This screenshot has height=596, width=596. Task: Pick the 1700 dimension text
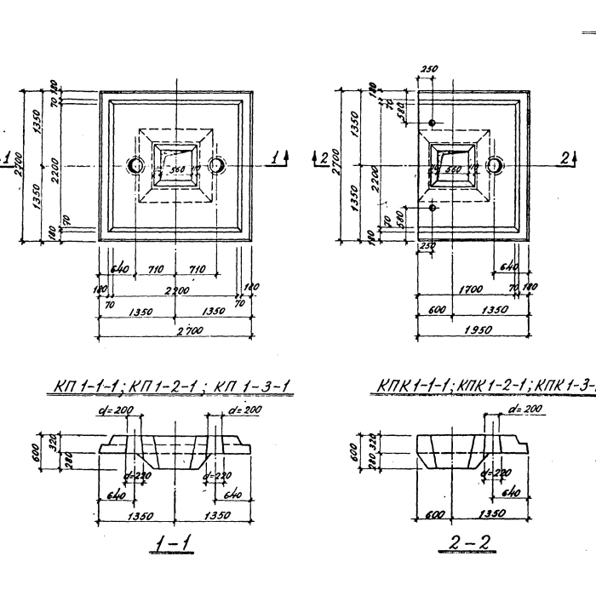click(x=471, y=290)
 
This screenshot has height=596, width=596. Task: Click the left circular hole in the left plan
click(x=136, y=164)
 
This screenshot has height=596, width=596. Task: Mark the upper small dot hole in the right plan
click(x=433, y=123)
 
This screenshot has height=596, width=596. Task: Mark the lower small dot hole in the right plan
click(x=433, y=207)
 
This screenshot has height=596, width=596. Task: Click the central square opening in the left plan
click(x=175, y=163)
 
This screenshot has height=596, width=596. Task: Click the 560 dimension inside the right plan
click(x=454, y=169)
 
